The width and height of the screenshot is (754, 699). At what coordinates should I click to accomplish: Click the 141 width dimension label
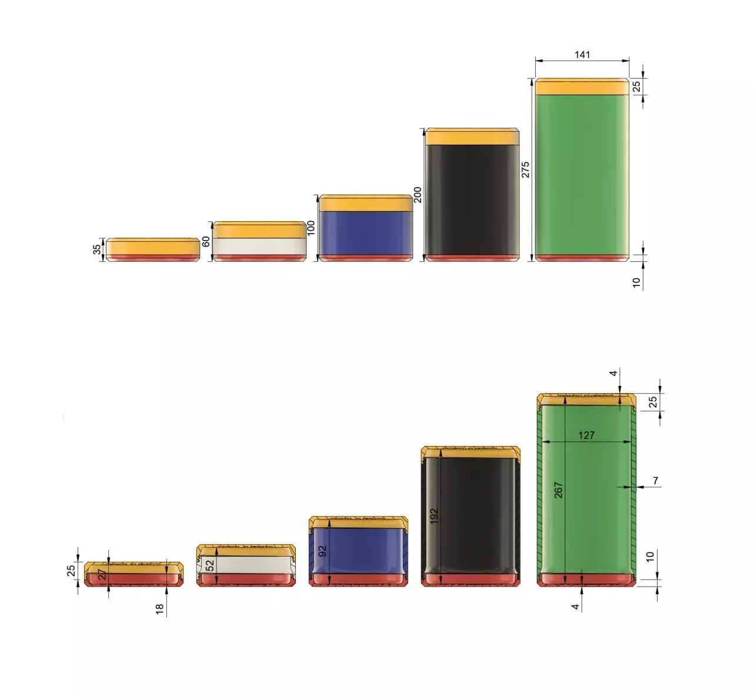[x=582, y=55]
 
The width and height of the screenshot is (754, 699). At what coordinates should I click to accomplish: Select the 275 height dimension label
[x=525, y=169]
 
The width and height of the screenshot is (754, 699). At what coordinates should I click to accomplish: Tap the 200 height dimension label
[x=418, y=195]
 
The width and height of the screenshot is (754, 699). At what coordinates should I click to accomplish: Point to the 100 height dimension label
[x=311, y=227]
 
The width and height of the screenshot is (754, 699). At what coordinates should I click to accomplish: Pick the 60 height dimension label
[x=206, y=241]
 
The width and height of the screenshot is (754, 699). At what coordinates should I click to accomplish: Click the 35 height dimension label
[x=97, y=249]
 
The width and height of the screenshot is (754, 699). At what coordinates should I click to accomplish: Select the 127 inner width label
[x=586, y=435]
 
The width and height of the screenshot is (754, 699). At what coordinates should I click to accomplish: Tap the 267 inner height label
[x=559, y=490]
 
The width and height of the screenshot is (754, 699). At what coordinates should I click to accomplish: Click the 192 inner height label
[x=434, y=517]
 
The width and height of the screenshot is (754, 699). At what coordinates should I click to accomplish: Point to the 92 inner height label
[x=322, y=551]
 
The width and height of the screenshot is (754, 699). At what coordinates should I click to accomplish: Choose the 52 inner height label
[x=210, y=566]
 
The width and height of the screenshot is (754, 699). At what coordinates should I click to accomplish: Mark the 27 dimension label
[x=102, y=574]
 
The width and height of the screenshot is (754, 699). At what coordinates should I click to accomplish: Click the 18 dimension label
[x=159, y=610]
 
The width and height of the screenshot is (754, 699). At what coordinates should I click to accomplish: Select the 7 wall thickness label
[x=656, y=481]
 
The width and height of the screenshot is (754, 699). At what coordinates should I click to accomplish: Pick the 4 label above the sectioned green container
[x=613, y=374]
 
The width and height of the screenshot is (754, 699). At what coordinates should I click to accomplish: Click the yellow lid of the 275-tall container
[x=582, y=87]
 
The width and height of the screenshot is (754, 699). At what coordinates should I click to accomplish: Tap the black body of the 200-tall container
[x=472, y=200]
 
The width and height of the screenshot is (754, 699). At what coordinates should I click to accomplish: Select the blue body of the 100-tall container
[x=365, y=233]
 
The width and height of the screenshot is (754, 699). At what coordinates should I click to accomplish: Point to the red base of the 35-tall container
[x=153, y=258]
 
